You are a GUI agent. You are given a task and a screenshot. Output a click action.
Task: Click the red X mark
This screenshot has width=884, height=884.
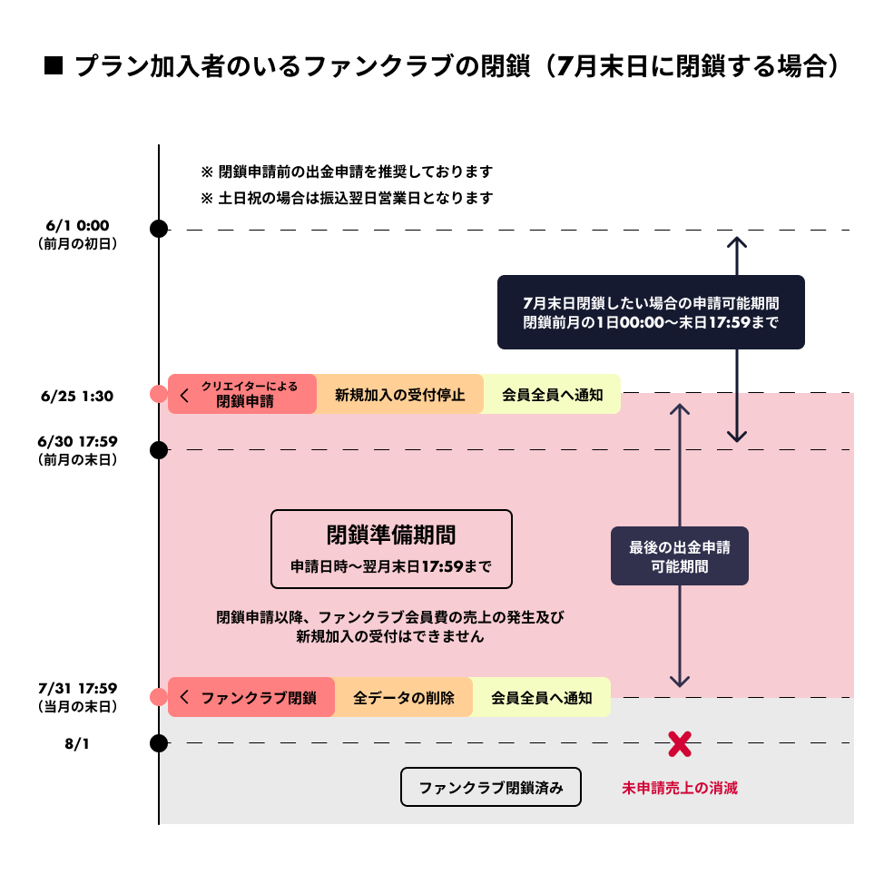tap(680, 744)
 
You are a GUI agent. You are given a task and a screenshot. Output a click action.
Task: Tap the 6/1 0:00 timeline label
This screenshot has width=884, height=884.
tap(77, 233)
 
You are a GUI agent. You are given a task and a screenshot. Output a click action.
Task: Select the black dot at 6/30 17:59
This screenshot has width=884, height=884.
tap(159, 449)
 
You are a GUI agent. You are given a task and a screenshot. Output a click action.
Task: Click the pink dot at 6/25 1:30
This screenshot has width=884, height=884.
tap(159, 394)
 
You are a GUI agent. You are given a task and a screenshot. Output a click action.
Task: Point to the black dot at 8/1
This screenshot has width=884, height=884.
tap(159, 743)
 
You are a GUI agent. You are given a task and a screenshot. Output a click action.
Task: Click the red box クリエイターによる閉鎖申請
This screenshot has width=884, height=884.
tap(242, 394)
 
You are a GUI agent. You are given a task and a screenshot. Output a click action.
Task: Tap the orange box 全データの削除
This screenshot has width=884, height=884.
tap(403, 698)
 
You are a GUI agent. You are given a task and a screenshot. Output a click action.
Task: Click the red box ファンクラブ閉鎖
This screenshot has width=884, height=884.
tap(251, 698)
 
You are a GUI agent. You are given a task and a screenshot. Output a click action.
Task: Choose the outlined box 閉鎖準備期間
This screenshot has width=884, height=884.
tap(391, 548)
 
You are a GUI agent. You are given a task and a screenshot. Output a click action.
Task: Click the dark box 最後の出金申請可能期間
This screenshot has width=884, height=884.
tap(679, 556)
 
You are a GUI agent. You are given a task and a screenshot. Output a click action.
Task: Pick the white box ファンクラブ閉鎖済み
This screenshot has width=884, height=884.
tap(490, 788)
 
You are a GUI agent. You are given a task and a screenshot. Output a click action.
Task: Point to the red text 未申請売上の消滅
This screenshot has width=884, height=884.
tap(679, 788)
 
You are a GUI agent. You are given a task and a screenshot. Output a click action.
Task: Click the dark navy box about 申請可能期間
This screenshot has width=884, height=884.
tap(651, 312)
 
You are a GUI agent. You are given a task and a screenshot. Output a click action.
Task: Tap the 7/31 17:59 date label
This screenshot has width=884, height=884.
tap(77, 695)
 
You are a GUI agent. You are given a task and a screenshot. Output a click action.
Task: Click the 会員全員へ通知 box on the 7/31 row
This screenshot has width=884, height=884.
tap(541, 698)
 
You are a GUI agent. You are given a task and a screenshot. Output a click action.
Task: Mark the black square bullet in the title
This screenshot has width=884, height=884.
tap(53, 66)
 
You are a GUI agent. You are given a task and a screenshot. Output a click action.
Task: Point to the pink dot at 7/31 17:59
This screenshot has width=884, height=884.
tap(159, 697)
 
